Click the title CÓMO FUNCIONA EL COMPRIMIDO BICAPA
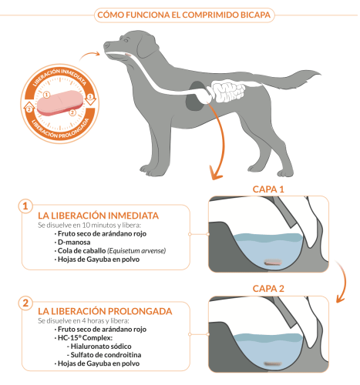[x=184, y=15]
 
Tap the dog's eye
[x=126, y=40]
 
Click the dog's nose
[x=106, y=45]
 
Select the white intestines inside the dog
[x=227, y=91]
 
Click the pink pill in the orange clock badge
[x=60, y=102]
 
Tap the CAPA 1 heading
[x=268, y=189]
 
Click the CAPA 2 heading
[x=268, y=289]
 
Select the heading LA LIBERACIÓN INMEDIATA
[x=98, y=216]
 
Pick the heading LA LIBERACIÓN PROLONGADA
[x=105, y=311]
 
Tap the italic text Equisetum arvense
[x=136, y=251]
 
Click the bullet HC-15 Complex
[x=85, y=337]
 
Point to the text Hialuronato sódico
[x=101, y=346]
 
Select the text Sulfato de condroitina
[x=106, y=355]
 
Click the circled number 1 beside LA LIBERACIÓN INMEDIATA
[x=25, y=206]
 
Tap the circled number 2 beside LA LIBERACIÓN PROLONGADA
[x=25, y=303]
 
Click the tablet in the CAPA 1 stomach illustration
[x=273, y=262]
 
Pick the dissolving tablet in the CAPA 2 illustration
[x=273, y=363]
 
